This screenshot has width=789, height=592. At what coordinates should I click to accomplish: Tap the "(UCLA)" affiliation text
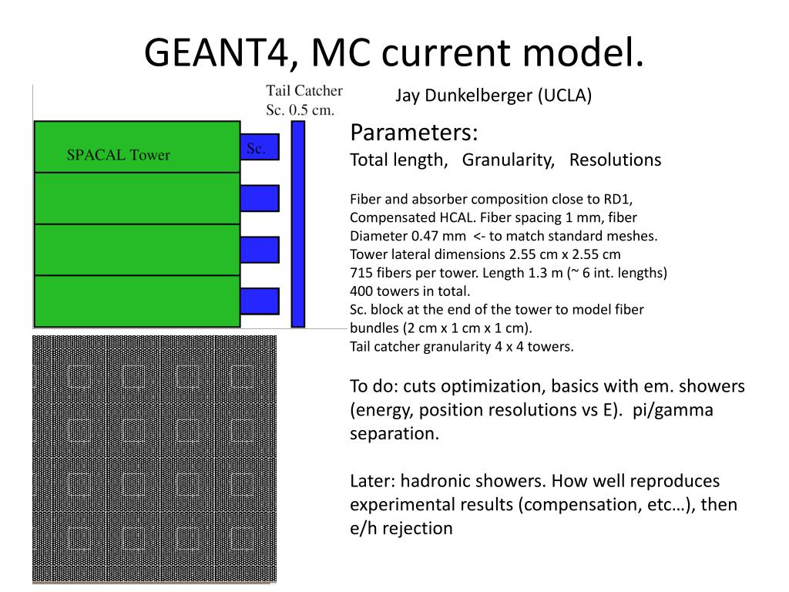click(x=565, y=96)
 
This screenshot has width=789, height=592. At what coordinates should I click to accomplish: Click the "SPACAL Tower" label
click(x=118, y=155)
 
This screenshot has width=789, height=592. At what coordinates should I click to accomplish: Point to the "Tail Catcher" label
click(x=304, y=92)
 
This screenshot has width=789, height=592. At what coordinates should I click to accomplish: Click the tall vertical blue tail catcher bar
click(x=298, y=224)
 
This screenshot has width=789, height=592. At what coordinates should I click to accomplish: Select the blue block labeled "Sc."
click(x=259, y=147)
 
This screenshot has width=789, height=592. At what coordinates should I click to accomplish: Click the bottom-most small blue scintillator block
click(x=259, y=301)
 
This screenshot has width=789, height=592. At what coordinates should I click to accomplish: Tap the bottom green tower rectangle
click(x=136, y=301)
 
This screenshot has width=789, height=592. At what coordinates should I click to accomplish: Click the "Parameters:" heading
click(x=414, y=133)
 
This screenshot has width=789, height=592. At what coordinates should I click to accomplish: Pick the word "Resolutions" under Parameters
click(x=615, y=160)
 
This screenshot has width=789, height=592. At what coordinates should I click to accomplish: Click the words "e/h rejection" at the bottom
click(x=401, y=528)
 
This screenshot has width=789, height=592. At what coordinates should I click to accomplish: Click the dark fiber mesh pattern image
click(x=154, y=458)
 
